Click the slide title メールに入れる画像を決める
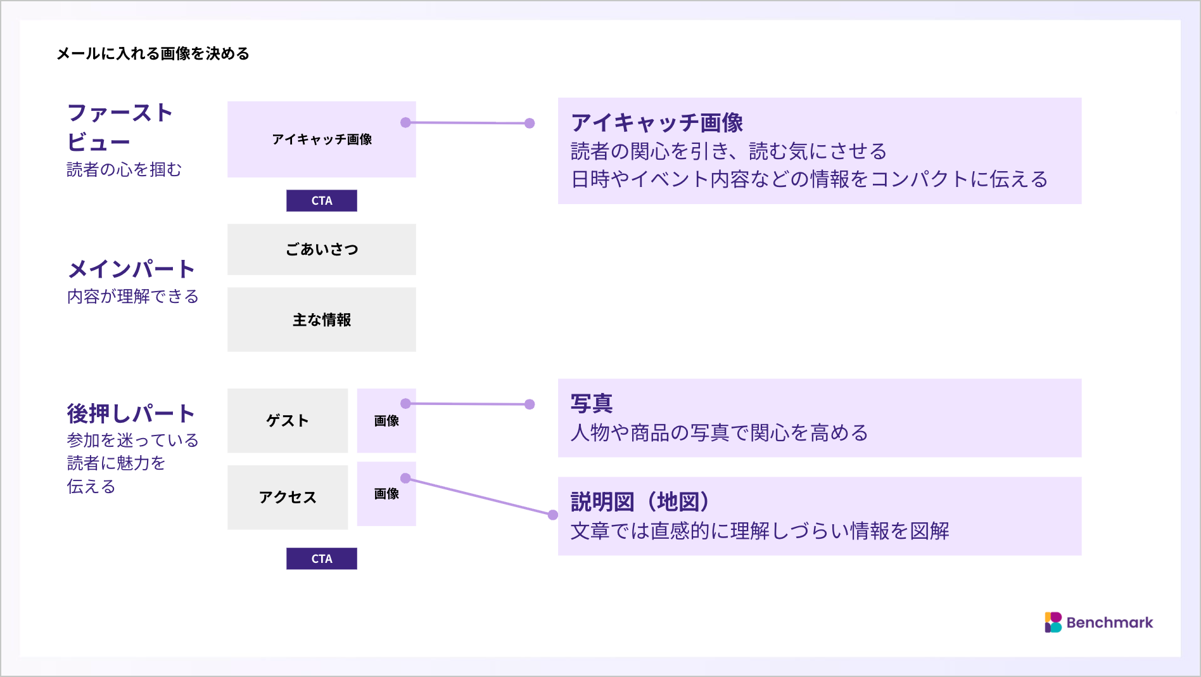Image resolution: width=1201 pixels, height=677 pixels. click(153, 54)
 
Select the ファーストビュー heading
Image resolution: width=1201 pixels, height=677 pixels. click(120, 127)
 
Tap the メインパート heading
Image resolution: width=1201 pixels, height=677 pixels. click(131, 269)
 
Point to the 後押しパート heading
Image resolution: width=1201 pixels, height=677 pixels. click(131, 414)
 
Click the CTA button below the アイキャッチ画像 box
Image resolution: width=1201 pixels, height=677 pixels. click(322, 201)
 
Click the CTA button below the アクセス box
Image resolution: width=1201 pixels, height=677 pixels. click(322, 558)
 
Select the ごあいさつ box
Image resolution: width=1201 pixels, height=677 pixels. click(322, 249)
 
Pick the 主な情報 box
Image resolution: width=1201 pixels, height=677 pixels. click(322, 319)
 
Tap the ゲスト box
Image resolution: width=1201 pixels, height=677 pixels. click(288, 421)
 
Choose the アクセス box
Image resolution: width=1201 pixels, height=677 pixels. click(288, 498)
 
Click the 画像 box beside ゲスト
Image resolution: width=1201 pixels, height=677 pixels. click(386, 421)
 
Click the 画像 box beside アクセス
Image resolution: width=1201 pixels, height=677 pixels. click(386, 494)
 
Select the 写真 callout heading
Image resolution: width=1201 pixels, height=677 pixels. click(592, 403)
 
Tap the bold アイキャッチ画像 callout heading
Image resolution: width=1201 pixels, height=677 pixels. click(657, 122)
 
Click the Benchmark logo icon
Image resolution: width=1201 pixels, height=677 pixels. click(1053, 622)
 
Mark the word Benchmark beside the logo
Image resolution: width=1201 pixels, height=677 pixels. click(1110, 622)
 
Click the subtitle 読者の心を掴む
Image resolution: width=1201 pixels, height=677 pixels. click(124, 169)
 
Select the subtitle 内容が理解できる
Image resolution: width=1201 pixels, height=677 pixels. click(133, 296)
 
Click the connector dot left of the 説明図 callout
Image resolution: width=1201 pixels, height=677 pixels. click(553, 515)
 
